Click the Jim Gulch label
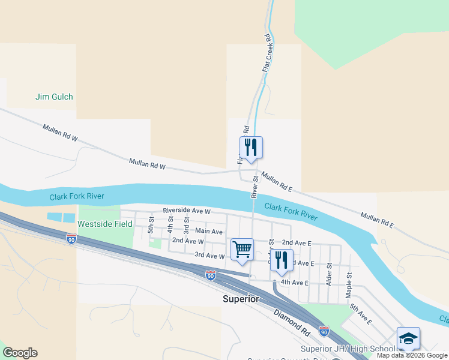click(x=54, y=97)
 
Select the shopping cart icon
click(x=242, y=249)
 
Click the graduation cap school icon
click(x=408, y=339)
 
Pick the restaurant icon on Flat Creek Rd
click(x=251, y=147)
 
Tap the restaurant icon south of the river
click(x=282, y=260)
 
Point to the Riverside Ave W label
click(x=186, y=211)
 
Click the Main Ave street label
click(x=209, y=231)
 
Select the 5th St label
click(x=152, y=225)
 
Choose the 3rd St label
click(x=187, y=227)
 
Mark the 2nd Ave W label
click(x=188, y=241)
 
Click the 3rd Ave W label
click(x=209, y=256)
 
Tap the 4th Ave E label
click(x=294, y=282)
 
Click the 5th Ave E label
click(x=361, y=314)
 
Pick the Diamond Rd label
click(x=292, y=322)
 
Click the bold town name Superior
click(x=240, y=299)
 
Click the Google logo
click(x=20, y=353)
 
